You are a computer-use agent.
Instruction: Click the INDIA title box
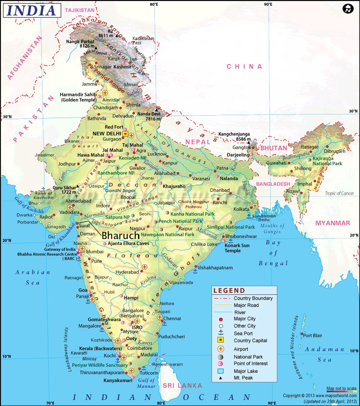coord(32,10)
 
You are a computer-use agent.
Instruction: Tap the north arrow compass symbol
coord(347,9)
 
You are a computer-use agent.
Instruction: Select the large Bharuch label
coord(121,236)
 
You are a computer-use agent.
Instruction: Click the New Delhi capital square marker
coord(125,134)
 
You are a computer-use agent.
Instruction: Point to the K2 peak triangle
coord(117,36)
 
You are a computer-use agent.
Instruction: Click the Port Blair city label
coord(312,335)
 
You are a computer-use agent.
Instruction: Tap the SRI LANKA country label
coord(183,385)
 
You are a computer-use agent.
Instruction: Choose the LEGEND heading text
coord(229,290)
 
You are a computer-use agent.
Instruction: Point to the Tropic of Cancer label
coord(339,193)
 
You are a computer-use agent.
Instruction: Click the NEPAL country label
coord(198,142)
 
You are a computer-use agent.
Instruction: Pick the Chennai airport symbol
coord(160,317)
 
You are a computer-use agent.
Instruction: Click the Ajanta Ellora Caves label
coord(128,244)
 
